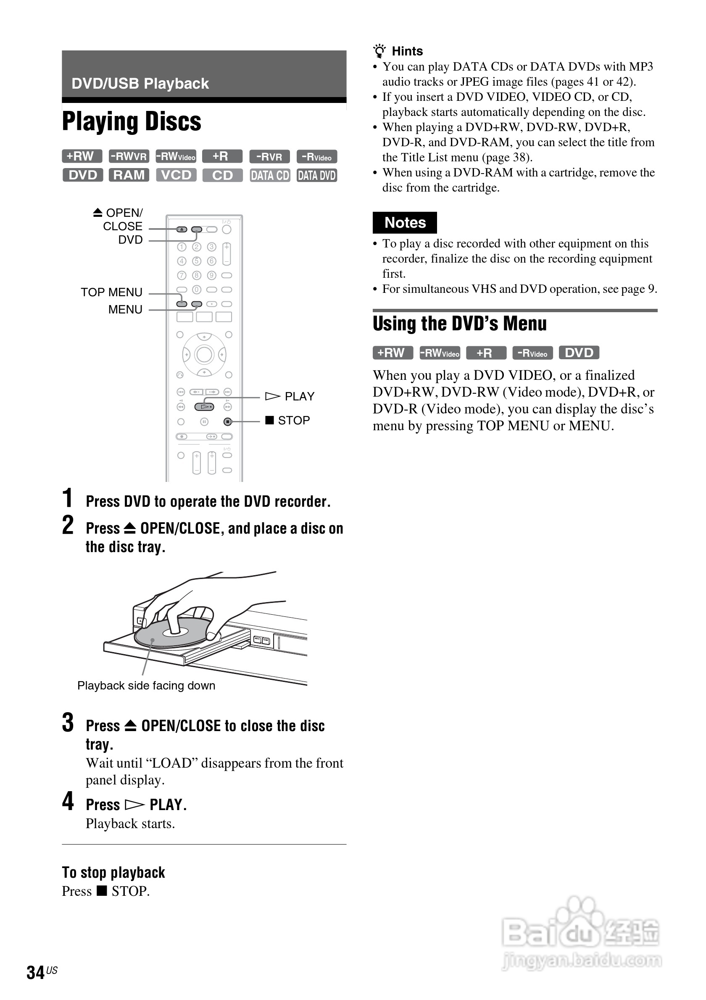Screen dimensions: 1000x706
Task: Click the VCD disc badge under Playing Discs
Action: click(176, 175)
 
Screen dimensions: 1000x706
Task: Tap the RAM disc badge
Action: click(129, 175)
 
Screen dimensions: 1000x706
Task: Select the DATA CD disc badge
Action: click(270, 176)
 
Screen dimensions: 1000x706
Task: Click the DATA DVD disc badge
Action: click(316, 176)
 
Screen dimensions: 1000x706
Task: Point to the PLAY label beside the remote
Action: click(299, 396)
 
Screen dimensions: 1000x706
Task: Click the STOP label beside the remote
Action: click(294, 420)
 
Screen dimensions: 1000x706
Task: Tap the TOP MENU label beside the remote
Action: click(111, 292)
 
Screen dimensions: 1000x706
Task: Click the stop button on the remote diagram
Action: click(227, 421)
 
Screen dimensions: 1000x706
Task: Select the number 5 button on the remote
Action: click(197, 261)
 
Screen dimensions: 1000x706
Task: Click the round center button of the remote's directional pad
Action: click(204, 355)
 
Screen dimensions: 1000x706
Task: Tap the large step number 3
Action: click(68, 723)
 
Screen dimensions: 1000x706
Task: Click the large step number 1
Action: click(67, 498)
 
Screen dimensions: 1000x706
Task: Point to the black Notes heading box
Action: click(405, 223)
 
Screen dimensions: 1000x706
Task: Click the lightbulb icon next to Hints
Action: click(380, 51)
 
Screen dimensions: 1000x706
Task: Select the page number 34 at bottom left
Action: click(36, 972)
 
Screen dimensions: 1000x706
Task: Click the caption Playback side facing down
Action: click(146, 686)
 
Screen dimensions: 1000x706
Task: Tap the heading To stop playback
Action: click(113, 872)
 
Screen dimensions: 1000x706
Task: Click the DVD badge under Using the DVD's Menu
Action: click(579, 353)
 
